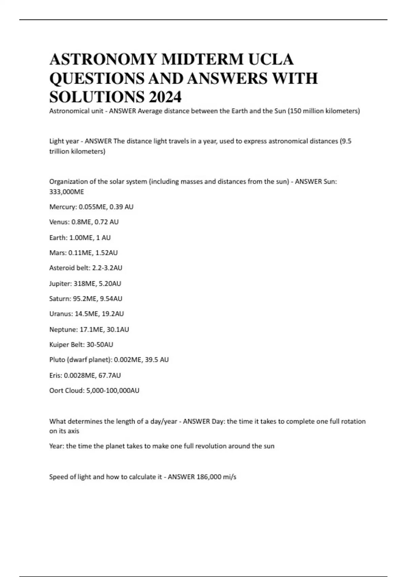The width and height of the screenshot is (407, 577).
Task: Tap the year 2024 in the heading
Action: [164, 97]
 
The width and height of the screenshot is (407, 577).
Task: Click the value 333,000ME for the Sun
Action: [66, 192]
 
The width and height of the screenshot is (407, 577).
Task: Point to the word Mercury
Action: [62, 207]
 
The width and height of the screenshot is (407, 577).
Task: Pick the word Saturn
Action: [60, 299]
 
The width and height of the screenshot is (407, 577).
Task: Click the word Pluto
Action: [57, 359]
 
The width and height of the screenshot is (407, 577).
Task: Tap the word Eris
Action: [55, 375]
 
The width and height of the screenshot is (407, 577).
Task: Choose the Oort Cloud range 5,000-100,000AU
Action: [113, 390]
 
